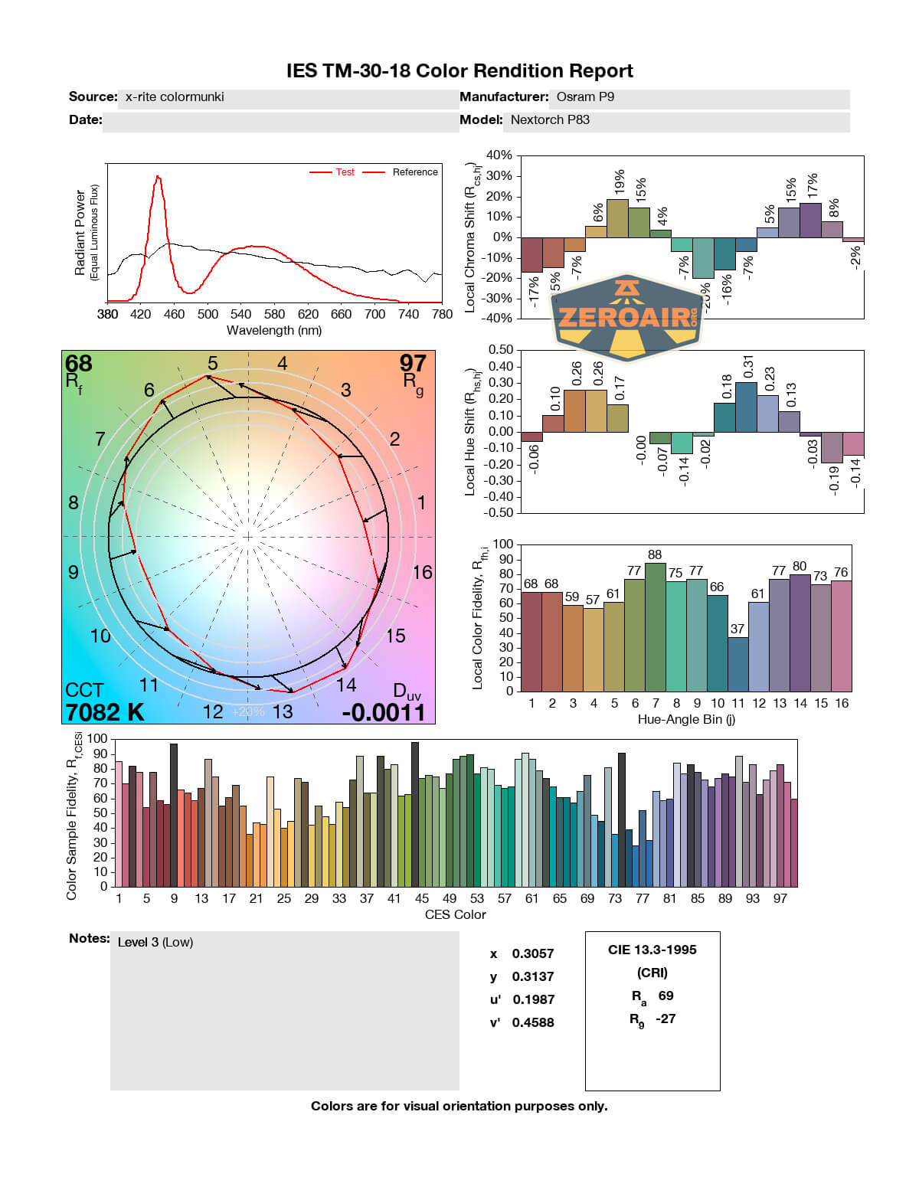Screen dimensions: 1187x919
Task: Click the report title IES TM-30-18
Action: (459, 71)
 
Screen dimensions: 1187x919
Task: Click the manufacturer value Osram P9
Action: (585, 97)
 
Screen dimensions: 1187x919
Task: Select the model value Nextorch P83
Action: (550, 120)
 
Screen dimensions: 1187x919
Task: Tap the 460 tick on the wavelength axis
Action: (174, 314)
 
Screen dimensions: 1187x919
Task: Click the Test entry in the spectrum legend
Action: (345, 172)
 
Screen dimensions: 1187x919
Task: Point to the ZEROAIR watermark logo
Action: (627, 316)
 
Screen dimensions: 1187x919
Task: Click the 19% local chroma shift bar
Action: (617, 218)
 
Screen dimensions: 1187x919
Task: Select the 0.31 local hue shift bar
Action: (746, 407)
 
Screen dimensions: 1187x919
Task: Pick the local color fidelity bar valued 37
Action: (737, 664)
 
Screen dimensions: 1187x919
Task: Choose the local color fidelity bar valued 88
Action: (655, 626)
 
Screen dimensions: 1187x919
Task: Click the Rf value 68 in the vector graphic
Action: (78, 363)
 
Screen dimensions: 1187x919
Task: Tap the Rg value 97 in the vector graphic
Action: (413, 363)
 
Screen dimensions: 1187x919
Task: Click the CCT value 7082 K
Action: (105, 712)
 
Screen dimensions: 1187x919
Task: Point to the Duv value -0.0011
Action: (383, 713)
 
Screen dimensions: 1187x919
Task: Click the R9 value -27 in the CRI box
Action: (666, 1019)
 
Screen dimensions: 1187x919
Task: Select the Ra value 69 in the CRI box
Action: (666, 996)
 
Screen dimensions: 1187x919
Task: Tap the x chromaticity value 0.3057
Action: (532, 954)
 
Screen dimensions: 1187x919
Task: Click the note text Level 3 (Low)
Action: (155, 943)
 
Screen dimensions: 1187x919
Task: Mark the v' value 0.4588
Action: (532, 1023)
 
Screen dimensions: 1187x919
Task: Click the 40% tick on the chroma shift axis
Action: (499, 155)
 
